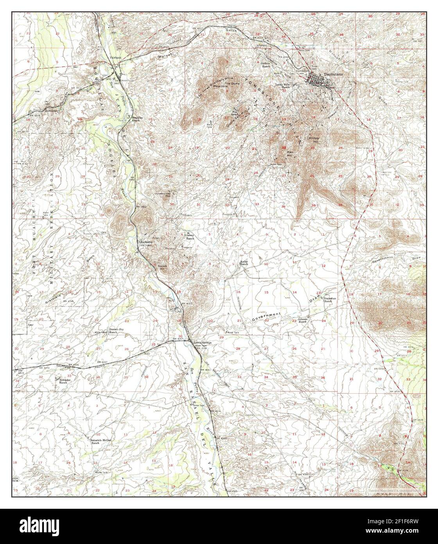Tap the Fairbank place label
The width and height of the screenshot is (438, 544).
[116, 58]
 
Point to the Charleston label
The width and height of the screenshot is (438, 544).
[145, 242]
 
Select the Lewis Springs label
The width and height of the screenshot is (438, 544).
[203, 342]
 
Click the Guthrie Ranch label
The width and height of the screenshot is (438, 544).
[266, 64]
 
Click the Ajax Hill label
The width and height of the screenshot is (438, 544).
[290, 153]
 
